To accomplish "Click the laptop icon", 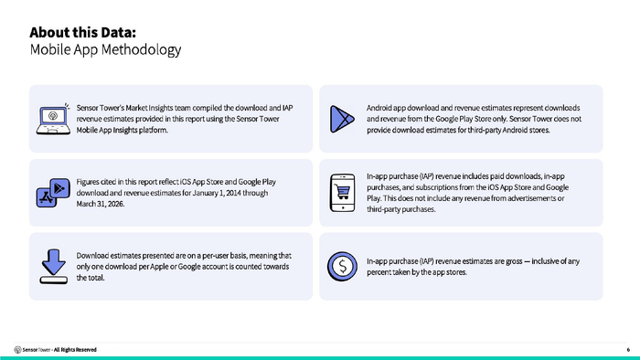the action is (x=53, y=119).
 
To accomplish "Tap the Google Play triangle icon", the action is (x=342, y=119).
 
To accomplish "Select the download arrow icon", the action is (x=53, y=266).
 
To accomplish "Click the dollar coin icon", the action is (x=342, y=266).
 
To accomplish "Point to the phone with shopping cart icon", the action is (x=343, y=193).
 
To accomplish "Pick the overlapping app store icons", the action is (x=53, y=193).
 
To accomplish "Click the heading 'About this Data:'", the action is (x=83, y=32).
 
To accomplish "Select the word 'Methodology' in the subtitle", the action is (x=141, y=49).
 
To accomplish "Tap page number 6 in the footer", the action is (x=628, y=349).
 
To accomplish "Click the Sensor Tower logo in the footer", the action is (x=17, y=349).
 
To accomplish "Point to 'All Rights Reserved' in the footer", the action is (x=75, y=349).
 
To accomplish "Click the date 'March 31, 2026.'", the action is (x=101, y=204).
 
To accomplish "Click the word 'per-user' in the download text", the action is (x=215, y=255).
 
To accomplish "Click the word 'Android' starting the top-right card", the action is (x=379, y=108).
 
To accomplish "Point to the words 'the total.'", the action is (x=91, y=278).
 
